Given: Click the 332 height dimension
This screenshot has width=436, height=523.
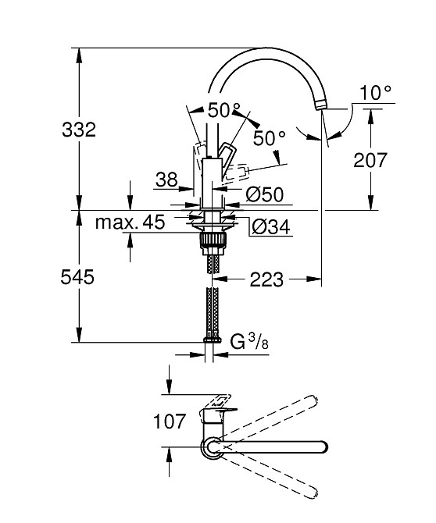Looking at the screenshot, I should click(x=78, y=130).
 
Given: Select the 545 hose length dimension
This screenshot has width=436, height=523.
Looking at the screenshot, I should click(x=78, y=276).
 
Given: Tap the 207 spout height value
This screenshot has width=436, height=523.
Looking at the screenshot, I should click(x=370, y=160).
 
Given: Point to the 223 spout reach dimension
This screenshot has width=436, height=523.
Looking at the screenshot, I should click(x=266, y=278).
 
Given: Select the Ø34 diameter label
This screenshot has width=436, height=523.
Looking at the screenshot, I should click(x=270, y=227).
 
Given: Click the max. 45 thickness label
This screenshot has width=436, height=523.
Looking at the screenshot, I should click(x=130, y=222).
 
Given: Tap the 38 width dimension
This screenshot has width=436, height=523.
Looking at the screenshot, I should click(x=166, y=180).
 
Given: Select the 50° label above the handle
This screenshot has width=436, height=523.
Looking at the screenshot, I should click(x=223, y=111).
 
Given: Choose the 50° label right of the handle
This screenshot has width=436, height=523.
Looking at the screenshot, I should click(x=270, y=138).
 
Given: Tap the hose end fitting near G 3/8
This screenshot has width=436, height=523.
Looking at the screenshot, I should click(x=209, y=340).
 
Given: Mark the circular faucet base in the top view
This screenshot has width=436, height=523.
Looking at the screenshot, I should click(x=213, y=447).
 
